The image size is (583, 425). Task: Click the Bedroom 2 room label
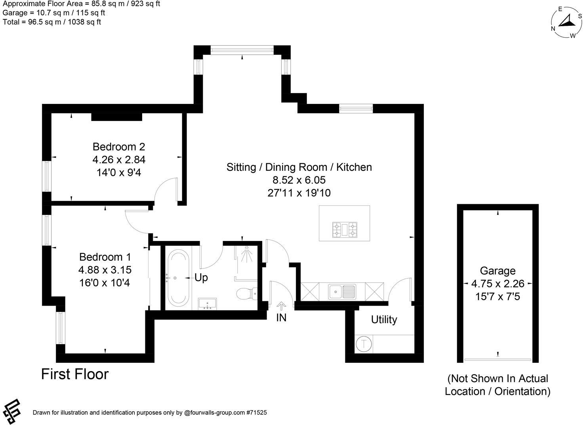click(119, 147)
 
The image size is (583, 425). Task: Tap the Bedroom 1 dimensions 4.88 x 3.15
click(105, 270)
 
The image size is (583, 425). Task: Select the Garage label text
click(497, 271)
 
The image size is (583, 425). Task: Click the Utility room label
click(384, 320)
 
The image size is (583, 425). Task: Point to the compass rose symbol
click(568, 23)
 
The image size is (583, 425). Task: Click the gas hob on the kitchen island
click(344, 230)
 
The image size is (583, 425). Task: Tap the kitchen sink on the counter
click(342, 292)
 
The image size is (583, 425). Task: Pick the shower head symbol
click(247, 253)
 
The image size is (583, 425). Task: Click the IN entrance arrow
click(281, 306)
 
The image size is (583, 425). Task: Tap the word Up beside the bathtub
click(201, 278)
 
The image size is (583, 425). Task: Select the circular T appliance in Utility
click(364, 343)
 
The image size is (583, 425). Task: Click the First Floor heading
click(75, 374)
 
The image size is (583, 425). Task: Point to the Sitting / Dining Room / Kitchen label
click(299, 167)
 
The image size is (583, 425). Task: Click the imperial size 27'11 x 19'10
click(299, 193)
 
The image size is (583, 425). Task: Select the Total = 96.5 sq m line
click(52, 22)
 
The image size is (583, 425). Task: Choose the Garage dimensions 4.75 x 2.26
click(497, 284)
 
